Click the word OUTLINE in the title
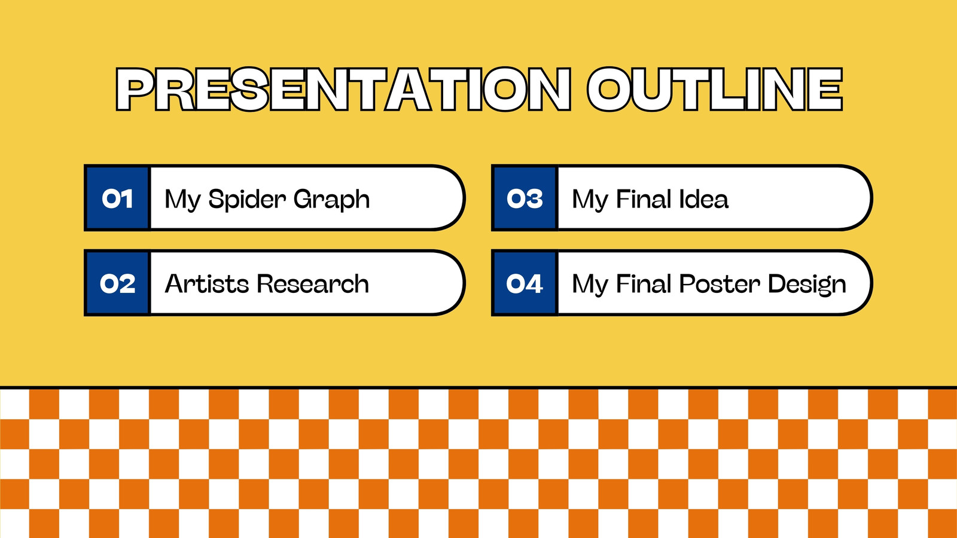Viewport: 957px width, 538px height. pos(715,89)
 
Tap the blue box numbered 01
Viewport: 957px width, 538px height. pos(117,198)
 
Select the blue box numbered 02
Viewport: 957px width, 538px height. pos(117,283)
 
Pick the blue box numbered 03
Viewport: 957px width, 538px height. pos(525,198)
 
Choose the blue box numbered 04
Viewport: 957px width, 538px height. pos(525,283)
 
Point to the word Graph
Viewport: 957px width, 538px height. pos(331,200)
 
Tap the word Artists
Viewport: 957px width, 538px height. pos(207,283)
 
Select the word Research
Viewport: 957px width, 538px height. pos(313,283)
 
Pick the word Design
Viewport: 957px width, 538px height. pos(807,285)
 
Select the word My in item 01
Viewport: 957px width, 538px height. pos(182,200)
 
